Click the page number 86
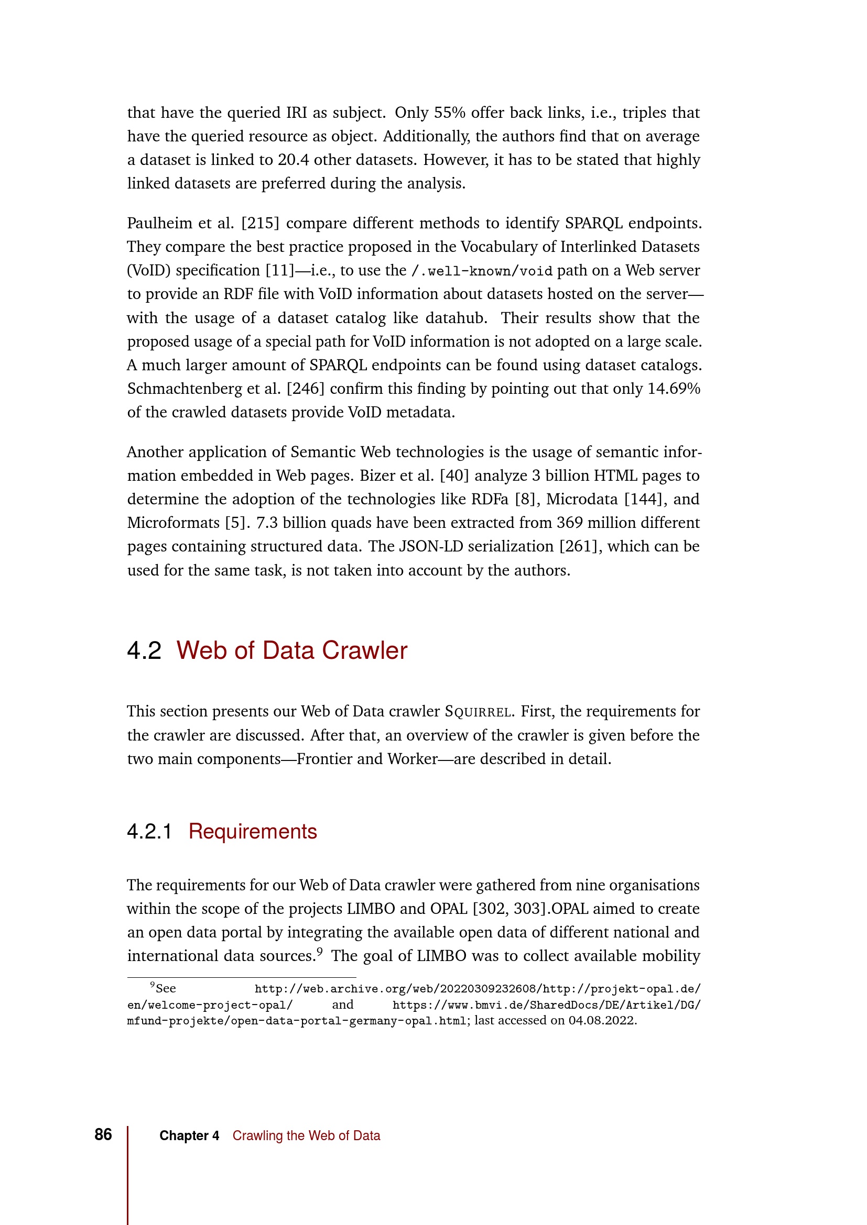click(x=103, y=1134)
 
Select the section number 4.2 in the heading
click(x=144, y=650)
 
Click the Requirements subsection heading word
click(x=253, y=831)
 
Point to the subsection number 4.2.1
click(x=149, y=831)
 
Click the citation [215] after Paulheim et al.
click(x=260, y=223)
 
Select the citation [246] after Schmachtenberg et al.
click(x=306, y=389)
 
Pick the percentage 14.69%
click(x=674, y=389)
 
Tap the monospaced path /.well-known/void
click(x=482, y=271)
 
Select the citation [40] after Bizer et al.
click(x=454, y=476)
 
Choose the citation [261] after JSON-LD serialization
click(x=581, y=546)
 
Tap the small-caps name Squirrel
click(x=479, y=712)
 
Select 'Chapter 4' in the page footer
click(x=189, y=1135)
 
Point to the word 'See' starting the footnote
click(x=166, y=988)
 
